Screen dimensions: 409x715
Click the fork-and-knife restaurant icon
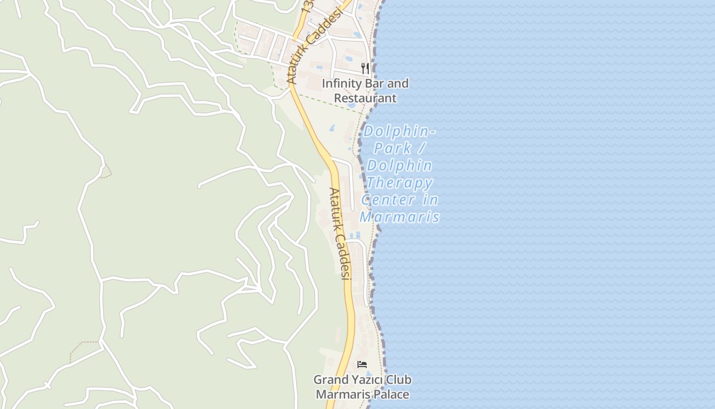tap(365, 68)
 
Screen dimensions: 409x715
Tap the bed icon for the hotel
tap(362, 365)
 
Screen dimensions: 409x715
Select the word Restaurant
tap(365, 98)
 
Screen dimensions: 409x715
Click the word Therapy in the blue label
tap(399, 183)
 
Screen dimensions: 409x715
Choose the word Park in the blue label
tap(393, 148)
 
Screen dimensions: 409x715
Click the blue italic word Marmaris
tap(399, 217)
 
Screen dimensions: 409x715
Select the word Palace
tap(391, 394)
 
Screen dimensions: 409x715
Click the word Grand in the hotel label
tap(331, 380)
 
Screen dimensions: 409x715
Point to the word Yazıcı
tap(367, 380)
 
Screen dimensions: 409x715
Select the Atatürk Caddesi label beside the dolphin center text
tap(340, 233)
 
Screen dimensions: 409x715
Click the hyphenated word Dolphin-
tap(399, 131)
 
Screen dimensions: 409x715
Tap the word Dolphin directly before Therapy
tap(399, 166)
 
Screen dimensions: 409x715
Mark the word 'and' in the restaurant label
tap(398, 83)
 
